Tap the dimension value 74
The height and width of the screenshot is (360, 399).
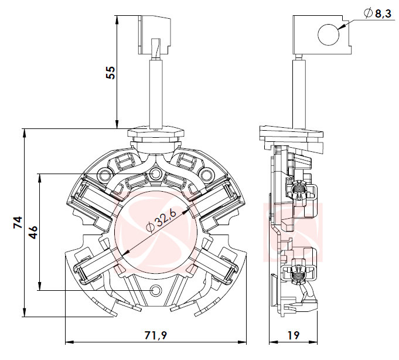[18, 223]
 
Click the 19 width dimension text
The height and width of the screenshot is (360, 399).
[294, 335]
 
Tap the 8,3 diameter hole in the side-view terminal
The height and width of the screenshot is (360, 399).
[328, 34]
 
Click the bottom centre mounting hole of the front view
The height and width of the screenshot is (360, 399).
[156, 290]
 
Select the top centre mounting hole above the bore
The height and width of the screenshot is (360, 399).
[155, 174]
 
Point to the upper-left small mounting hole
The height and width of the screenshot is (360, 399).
[105, 174]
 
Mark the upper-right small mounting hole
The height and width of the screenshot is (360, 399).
[206, 174]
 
